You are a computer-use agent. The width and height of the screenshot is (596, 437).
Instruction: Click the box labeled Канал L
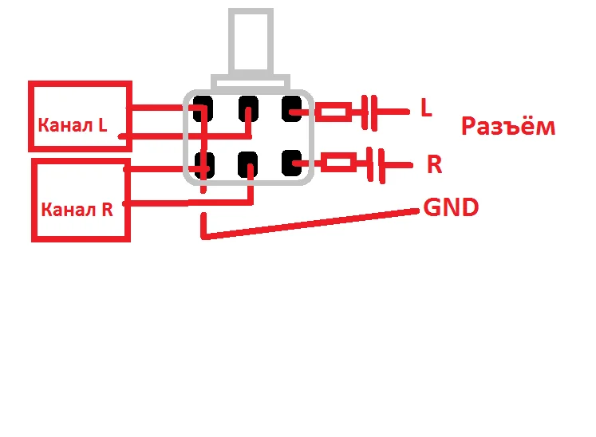pyautogui.click(x=80, y=116)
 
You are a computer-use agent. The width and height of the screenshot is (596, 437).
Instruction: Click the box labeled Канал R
pyautogui.click(x=80, y=199)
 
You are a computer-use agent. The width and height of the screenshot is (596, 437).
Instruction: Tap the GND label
pyautogui.click(x=451, y=208)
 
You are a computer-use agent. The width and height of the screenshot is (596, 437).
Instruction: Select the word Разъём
pyautogui.click(x=508, y=127)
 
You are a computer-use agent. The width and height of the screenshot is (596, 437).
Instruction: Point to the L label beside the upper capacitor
pyautogui.click(x=426, y=109)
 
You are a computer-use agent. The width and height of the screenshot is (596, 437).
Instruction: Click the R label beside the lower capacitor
pyautogui.click(x=434, y=165)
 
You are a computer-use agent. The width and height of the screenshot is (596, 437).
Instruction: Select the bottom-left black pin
pyautogui.click(x=203, y=164)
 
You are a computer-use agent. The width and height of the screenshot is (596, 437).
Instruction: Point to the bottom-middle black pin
pyautogui.click(x=248, y=164)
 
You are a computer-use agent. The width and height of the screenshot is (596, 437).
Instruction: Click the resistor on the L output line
pyautogui.click(x=333, y=112)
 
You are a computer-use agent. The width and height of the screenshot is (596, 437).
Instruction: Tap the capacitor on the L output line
pyautogui.click(x=369, y=112)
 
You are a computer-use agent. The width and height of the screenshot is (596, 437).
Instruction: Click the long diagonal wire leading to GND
pyautogui.click(x=311, y=224)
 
